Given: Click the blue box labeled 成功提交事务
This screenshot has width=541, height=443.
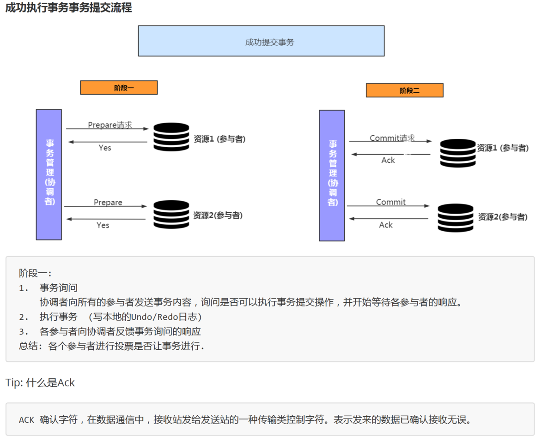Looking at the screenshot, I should (261, 41).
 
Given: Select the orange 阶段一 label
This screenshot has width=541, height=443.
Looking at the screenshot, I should (119, 88).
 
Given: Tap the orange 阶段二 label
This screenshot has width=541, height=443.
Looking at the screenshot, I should (404, 90).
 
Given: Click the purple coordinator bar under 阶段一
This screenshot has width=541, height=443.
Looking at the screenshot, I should (49, 174).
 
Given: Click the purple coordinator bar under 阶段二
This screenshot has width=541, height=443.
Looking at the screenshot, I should (332, 175).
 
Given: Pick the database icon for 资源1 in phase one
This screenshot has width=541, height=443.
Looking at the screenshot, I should (171, 137).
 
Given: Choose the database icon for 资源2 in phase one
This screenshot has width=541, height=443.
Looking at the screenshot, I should (171, 214).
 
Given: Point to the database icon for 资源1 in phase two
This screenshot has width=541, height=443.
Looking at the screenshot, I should (457, 153).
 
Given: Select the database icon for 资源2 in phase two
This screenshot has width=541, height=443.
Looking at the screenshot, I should (456, 217).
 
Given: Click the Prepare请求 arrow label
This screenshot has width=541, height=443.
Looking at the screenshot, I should (110, 125).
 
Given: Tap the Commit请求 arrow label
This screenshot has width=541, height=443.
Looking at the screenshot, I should (392, 138).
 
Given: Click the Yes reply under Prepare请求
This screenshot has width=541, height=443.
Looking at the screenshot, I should (105, 148).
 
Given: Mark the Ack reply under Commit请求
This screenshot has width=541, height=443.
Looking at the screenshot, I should (388, 160).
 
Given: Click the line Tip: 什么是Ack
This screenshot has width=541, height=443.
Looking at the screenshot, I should (40, 383).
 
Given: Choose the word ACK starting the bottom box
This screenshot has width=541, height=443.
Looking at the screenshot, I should (26, 420).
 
